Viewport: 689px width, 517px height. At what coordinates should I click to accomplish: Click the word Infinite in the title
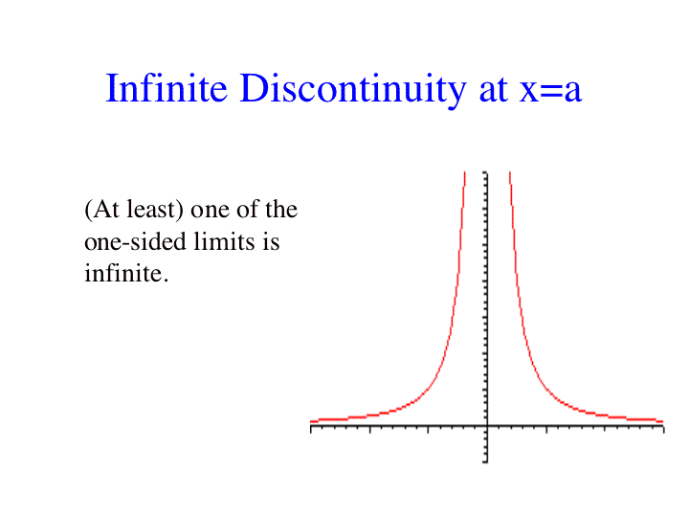point(167,88)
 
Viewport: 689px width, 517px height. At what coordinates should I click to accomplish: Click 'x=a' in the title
point(550,93)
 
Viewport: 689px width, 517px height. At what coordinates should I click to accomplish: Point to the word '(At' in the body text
point(102,210)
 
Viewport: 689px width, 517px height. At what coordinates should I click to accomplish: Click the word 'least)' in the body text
point(155,210)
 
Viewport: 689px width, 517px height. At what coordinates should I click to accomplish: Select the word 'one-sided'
point(136,241)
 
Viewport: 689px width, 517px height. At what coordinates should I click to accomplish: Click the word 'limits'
point(225,241)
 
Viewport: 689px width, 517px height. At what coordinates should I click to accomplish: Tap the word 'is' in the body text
point(271,241)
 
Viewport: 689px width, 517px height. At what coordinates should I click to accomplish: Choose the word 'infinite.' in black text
point(126,274)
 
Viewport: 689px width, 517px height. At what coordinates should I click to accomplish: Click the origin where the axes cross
point(487,425)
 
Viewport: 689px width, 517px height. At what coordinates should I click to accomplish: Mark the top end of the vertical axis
point(485,172)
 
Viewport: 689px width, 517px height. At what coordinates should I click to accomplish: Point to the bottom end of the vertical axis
point(485,461)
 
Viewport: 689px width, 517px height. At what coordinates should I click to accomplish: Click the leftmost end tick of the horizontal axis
point(311,429)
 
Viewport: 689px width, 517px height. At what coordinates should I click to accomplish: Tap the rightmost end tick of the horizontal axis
point(663,429)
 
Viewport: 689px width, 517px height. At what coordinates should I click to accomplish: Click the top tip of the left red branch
point(465,172)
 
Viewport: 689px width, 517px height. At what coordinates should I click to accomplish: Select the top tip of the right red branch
point(510,172)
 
